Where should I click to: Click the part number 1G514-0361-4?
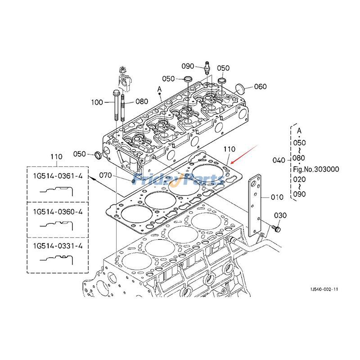click(x=57, y=176)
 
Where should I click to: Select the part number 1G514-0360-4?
click(x=57, y=211)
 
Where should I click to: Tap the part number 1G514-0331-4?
click(x=57, y=246)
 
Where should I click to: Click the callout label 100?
click(x=97, y=102)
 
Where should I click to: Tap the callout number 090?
click(x=188, y=66)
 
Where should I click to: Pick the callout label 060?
click(x=261, y=87)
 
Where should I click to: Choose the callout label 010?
click(x=277, y=197)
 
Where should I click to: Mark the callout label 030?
click(x=280, y=216)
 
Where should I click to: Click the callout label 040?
click(x=279, y=160)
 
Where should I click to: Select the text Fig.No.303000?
click(x=316, y=170)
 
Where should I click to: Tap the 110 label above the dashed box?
click(x=56, y=157)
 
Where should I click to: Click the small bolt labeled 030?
click(x=276, y=229)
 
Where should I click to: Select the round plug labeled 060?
click(x=241, y=87)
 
